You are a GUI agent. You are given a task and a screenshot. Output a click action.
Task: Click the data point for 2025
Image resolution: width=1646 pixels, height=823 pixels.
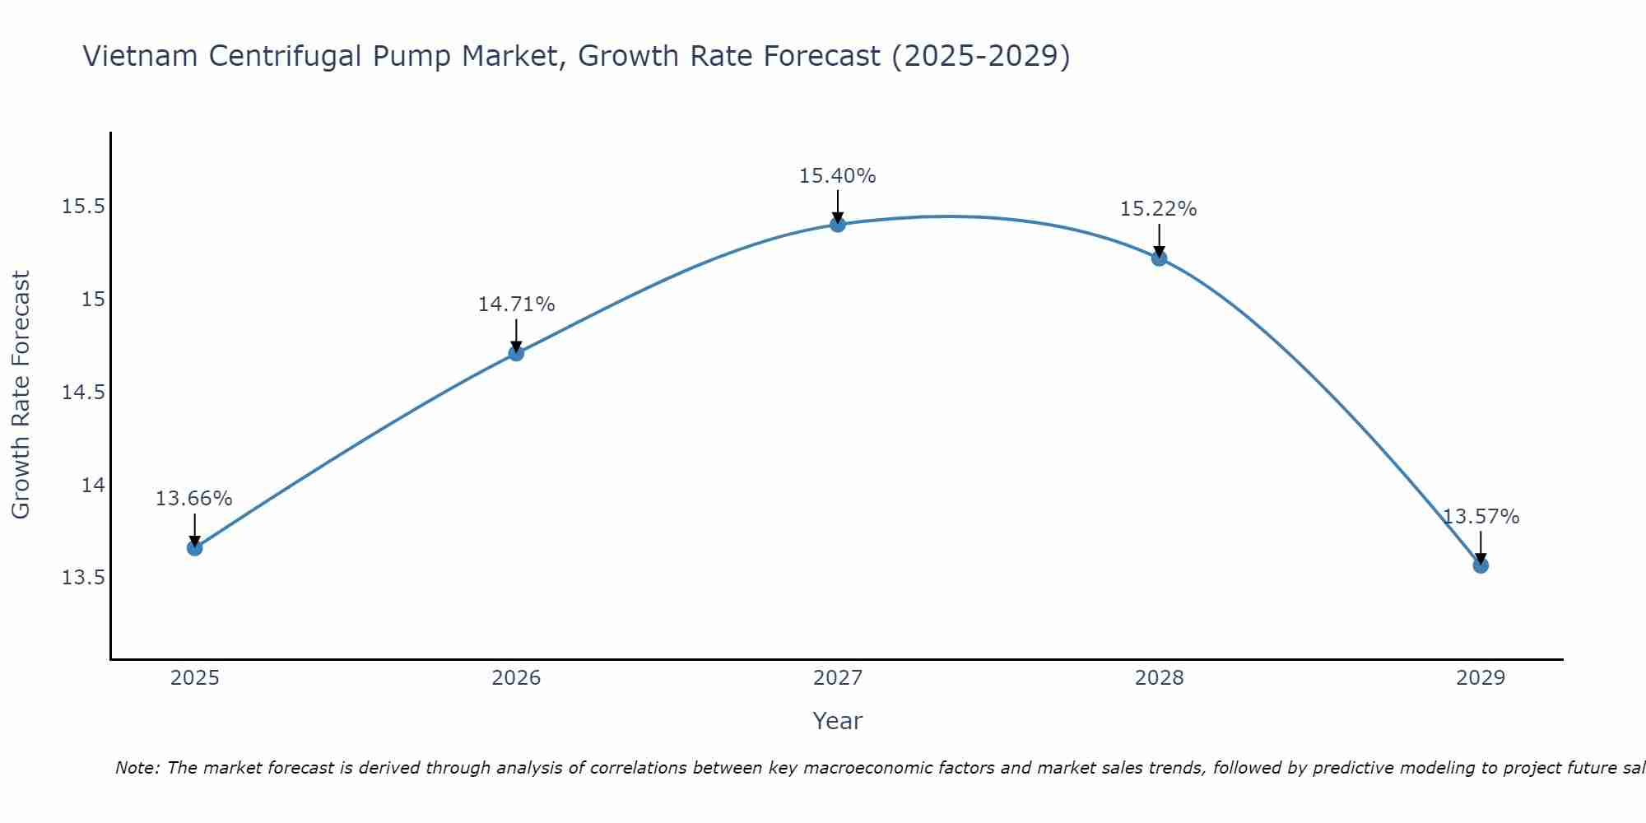tap(195, 548)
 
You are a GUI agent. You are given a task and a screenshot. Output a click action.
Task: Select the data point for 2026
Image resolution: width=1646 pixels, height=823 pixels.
tap(516, 353)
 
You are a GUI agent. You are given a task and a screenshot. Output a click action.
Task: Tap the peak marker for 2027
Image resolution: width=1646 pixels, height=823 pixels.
tap(838, 224)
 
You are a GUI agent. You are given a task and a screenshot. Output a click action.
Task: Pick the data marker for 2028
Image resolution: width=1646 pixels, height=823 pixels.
tap(1159, 258)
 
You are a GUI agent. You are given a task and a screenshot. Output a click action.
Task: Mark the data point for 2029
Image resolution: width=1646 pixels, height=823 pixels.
tap(1481, 565)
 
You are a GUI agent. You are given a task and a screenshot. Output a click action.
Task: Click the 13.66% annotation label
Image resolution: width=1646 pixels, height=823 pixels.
tap(194, 499)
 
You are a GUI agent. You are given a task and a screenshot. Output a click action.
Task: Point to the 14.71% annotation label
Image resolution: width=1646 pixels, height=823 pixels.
tap(516, 305)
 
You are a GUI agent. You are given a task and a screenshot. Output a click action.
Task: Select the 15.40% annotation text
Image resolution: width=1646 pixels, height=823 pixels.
tap(837, 176)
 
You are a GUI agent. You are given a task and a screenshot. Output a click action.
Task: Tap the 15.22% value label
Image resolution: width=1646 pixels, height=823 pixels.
tap(1158, 209)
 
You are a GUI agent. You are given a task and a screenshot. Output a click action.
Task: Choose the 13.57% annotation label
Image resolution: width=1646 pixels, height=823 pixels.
tap(1481, 517)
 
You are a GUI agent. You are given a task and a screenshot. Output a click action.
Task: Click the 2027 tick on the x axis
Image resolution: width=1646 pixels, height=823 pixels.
tap(838, 678)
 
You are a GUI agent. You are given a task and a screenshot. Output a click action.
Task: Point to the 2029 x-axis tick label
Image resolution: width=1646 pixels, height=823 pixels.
tap(1481, 678)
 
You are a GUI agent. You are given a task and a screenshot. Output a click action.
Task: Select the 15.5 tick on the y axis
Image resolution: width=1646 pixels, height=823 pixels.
tap(84, 206)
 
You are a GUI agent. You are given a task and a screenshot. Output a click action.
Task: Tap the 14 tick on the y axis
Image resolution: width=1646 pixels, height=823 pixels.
tap(93, 485)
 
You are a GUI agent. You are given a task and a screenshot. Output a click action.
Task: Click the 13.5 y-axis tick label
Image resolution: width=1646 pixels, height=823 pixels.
tap(84, 578)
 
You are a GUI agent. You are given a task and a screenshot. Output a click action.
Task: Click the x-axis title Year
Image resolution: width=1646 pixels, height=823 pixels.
tap(837, 721)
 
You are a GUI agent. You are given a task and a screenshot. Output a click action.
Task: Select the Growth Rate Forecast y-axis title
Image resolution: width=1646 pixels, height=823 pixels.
tap(21, 394)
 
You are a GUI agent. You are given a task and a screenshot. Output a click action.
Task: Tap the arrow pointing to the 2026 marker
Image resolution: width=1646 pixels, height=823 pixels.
tap(516, 336)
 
